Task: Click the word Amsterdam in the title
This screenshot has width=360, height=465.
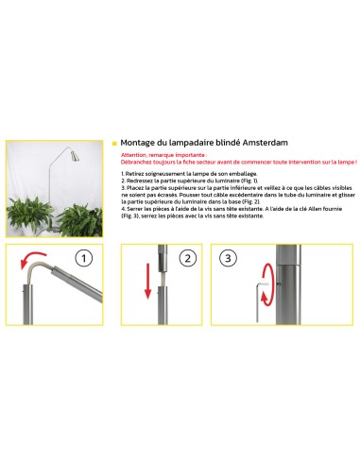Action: click(261, 143)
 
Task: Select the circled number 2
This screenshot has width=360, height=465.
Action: click(187, 258)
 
